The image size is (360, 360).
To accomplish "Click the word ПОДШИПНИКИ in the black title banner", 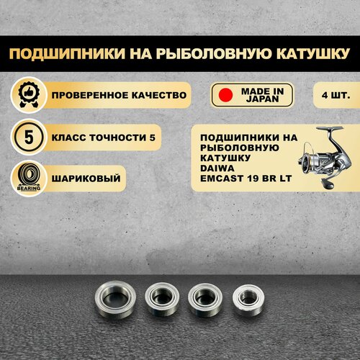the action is pyautogui.click(x=67, y=54).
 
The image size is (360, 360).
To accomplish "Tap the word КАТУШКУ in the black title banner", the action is pyautogui.click(x=312, y=54).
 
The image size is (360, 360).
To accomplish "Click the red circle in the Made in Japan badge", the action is pyautogui.click(x=225, y=95).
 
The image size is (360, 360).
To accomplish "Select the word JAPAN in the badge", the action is pyautogui.click(x=262, y=99).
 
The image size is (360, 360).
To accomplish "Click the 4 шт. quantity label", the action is pyautogui.click(x=336, y=95).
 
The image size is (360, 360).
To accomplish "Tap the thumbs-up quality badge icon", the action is pyautogui.click(x=29, y=94).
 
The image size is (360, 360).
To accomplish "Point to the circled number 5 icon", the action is pyautogui.click(x=29, y=137).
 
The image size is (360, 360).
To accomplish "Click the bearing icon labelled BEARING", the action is pyautogui.click(x=29, y=179).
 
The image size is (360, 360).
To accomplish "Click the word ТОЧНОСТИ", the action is pyautogui.click(x=118, y=138).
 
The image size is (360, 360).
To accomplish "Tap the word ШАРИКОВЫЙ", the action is pyautogui.click(x=86, y=178).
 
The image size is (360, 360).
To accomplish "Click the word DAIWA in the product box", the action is pyautogui.click(x=217, y=168).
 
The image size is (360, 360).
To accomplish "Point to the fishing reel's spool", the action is pyautogui.click(x=305, y=161).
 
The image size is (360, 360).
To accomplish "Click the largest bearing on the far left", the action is pyautogui.click(x=115, y=300).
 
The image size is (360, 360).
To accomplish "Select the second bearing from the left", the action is pyautogui.click(x=162, y=299).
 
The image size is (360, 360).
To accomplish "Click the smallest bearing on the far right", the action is pyautogui.click(x=248, y=300).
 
